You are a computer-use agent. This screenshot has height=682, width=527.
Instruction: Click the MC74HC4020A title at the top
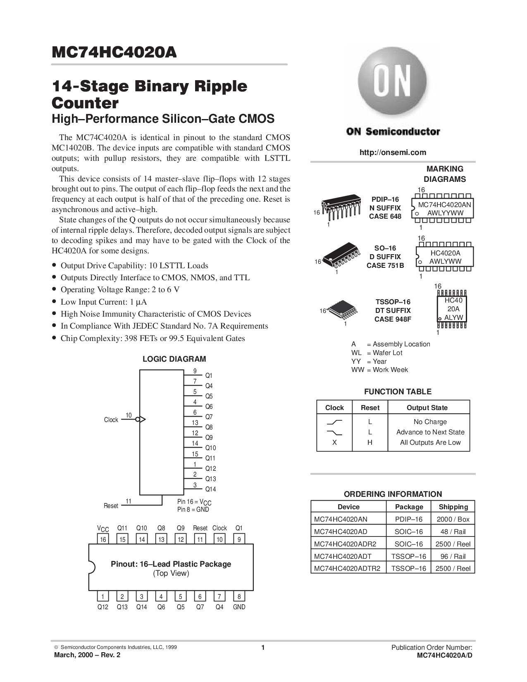coord(114,53)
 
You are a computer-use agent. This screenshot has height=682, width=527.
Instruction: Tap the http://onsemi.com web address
coord(393,152)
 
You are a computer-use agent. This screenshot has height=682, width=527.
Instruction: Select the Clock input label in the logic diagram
coord(111,420)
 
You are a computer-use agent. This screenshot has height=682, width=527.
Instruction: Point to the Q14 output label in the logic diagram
coord(210,489)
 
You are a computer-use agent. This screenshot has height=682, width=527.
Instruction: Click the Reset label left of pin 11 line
coord(111,506)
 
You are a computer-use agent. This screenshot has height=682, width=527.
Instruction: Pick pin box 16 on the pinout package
coord(102,539)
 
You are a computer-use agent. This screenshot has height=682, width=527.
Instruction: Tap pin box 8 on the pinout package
coord(239,596)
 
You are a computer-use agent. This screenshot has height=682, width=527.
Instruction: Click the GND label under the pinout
coord(239,607)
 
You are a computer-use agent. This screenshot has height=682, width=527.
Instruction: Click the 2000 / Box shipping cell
coord(453,519)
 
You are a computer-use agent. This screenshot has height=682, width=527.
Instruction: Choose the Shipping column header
coord(453,507)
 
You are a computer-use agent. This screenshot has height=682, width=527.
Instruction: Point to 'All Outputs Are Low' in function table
coord(430,442)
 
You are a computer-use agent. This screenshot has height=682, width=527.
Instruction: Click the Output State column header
coord(427,408)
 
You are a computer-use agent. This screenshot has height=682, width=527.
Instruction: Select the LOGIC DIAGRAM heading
coord(174,359)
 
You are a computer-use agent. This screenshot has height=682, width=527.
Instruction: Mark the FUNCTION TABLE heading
coord(397,391)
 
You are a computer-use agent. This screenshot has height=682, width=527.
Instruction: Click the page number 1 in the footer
coord(263,648)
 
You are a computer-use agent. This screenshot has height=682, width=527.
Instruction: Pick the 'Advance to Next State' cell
coord(430,432)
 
